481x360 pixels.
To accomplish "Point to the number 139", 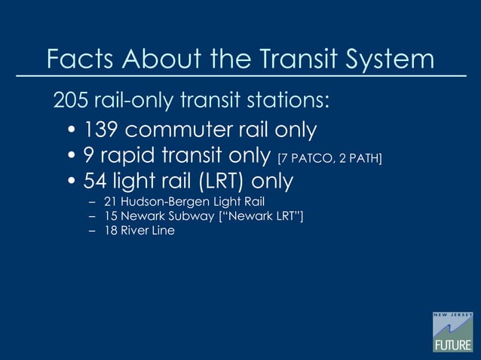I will coord(101,130).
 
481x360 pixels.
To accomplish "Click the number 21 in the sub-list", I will coord(110,203).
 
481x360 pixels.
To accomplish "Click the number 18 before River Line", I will coord(110,230).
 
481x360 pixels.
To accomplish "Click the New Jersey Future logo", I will coord(452,331).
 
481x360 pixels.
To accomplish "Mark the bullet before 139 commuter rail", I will coord(72,131).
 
